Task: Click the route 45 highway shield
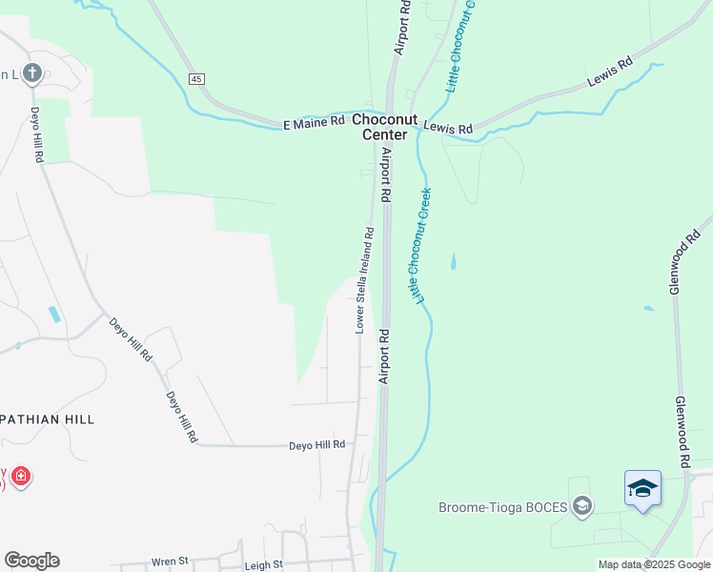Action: [x=196, y=78]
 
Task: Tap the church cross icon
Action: [x=31, y=73]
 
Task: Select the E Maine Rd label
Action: [x=314, y=123]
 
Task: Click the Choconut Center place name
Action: [x=386, y=127]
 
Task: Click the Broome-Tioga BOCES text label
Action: [x=502, y=505]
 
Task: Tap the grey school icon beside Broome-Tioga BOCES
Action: [x=581, y=506]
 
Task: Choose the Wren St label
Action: [x=171, y=563]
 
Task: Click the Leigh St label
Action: [x=264, y=564]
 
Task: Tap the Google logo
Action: [x=31, y=561]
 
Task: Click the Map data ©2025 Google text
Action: [x=653, y=564]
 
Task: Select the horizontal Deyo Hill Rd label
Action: [x=316, y=445]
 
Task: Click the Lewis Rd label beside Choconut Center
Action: [x=448, y=129]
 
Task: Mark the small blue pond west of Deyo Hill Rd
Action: [x=54, y=314]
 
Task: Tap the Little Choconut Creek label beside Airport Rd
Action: [x=420, y=244]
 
